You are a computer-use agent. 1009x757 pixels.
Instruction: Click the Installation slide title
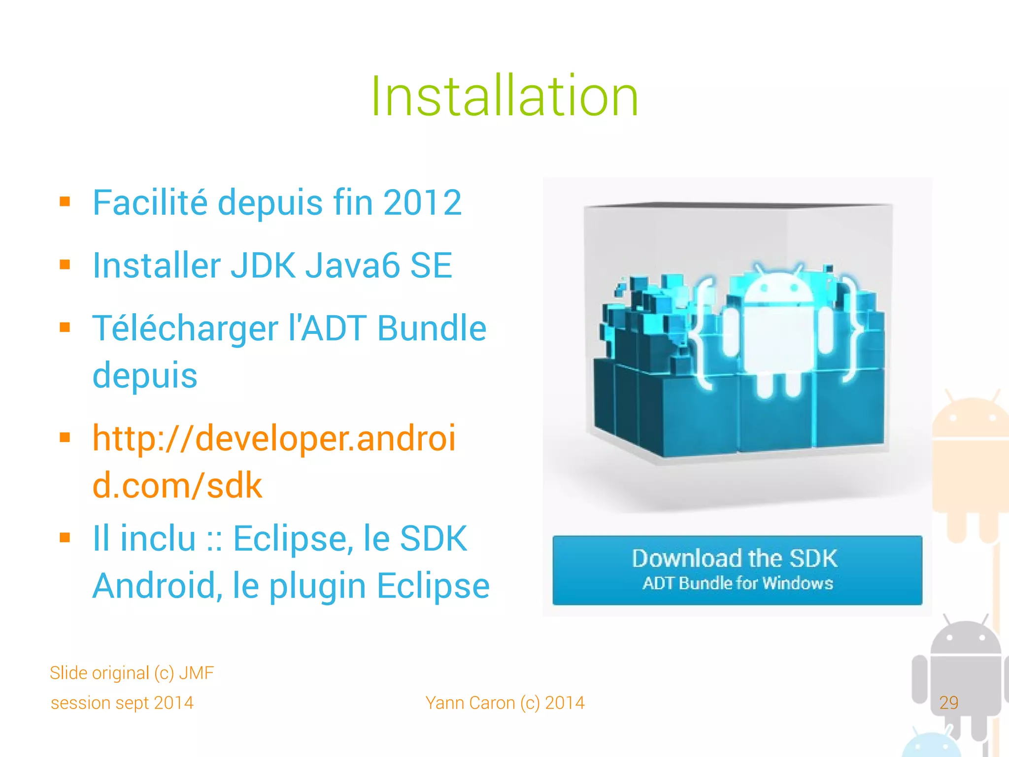[504, 96]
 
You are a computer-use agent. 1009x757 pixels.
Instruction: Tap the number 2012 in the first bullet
[422, 202]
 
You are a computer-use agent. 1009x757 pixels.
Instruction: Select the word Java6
[352, 265]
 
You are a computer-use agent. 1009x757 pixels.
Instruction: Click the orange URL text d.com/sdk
[177, 486]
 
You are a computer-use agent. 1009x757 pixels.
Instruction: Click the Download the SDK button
[737, 570]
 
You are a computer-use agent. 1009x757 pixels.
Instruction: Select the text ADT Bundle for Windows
[738, 584]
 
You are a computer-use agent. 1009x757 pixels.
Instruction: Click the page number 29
[948, 702]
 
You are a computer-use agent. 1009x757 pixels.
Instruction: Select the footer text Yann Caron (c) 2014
[505, 703]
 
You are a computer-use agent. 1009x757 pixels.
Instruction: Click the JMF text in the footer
[196, 673]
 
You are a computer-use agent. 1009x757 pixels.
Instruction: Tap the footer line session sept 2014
[122, 703]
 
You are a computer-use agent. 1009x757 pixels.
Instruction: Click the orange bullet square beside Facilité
[65, 202]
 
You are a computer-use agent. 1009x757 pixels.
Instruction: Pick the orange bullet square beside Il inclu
[65, 537]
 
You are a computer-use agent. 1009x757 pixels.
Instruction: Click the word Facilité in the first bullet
[150, 202]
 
